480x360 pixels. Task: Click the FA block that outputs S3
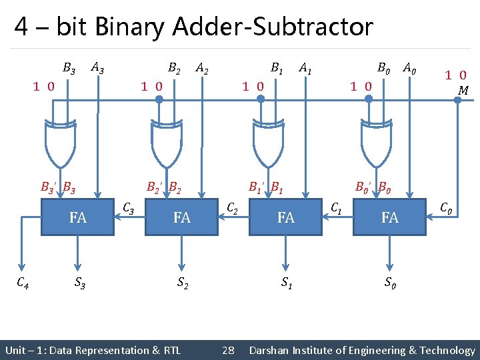[78, 217]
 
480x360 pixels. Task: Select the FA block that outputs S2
[182, 217]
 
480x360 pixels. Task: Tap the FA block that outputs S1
[286, 217]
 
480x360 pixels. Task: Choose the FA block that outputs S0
[390, 217]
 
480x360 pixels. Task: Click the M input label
[463, 89]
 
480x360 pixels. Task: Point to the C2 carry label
[233, 209]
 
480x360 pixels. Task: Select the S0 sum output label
[391, 283]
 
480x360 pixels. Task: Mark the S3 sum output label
[79, 283]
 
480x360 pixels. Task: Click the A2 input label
[203, 68]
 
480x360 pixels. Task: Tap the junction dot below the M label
[457, 99]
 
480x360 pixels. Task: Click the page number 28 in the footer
[228, 350]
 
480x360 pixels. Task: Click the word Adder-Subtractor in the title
[273, 27]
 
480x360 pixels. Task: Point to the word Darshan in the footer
[271, 350]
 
